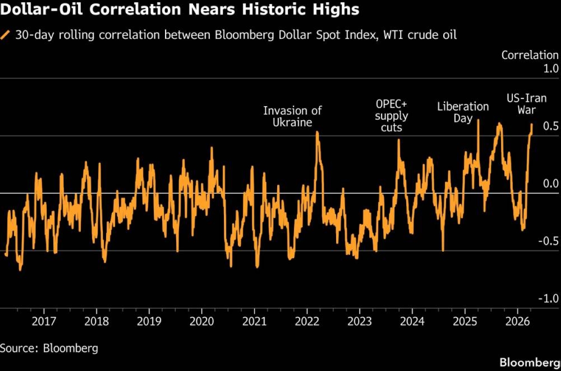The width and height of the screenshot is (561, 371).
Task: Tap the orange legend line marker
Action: click(x=6, y=35)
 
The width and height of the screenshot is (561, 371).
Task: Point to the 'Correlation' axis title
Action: click(x=530, y=55)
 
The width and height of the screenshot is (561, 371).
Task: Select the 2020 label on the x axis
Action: click(x=201, y=322)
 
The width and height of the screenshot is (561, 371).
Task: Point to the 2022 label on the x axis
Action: click(x=307, y=322)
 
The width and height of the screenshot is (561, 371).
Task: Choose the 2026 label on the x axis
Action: click(x=518, y=322)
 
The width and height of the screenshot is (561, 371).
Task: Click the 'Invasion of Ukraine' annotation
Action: click(x=293, y=116)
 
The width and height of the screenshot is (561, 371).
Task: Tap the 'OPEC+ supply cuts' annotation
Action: click(x=392, y=116)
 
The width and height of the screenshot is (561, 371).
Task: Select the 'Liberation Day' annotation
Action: click(x=463, y=112)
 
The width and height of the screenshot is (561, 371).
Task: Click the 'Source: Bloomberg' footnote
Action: click(x=49, y=348)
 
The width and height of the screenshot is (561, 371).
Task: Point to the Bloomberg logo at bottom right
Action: click(x=530, y=362)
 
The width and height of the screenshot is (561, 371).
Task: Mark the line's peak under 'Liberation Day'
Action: click(x=478, y=120)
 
